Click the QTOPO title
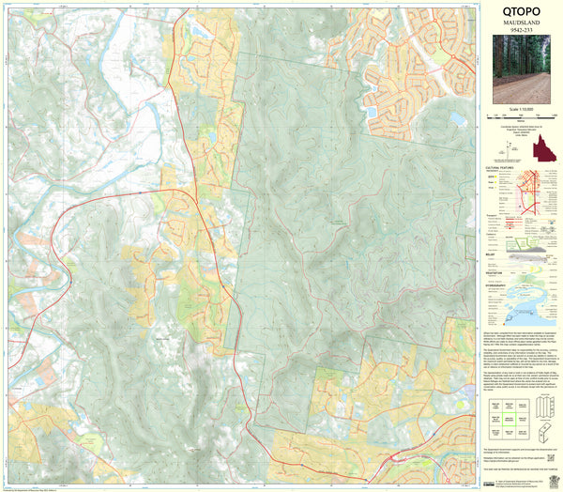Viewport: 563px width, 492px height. click(x=519, y=13)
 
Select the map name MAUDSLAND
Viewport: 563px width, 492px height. click(x=519, y=27)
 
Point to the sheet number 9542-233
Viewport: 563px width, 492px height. click(x=519, y=37)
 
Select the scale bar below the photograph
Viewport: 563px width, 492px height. click(x=519, y=116)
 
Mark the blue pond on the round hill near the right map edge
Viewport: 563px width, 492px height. click(x=457, y=118)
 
